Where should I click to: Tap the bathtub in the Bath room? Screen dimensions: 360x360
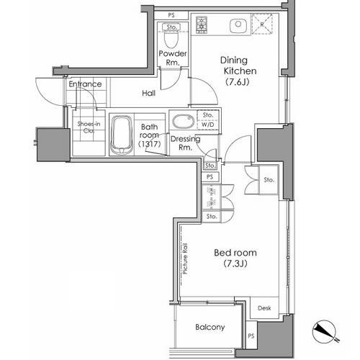coord(122,135)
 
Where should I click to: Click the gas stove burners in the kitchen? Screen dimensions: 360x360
coord(202,24)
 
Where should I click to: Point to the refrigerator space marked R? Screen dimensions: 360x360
coord(262,24)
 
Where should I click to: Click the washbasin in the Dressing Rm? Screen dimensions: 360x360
coord(184,122)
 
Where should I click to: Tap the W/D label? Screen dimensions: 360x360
coord(208,125)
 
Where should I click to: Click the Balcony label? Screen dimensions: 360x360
coord(210,327)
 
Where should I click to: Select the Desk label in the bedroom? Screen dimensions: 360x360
coord(264,308)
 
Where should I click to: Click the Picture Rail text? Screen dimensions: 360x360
coord(185,258)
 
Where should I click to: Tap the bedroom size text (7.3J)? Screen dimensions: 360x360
coord(235,264)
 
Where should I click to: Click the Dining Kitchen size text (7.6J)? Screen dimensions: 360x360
coord(238,82)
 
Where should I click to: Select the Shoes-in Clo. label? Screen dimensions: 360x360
coord(89,127)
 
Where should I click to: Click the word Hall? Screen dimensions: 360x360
coord(148,93)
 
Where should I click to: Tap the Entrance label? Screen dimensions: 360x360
coord(85,84)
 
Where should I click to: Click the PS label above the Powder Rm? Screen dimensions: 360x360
coord(171,15)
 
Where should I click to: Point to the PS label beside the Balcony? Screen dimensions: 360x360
coord(251,336)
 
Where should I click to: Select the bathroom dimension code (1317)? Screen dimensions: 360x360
coord(149,144)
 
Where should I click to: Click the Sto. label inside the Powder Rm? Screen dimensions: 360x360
coord(171,27)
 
